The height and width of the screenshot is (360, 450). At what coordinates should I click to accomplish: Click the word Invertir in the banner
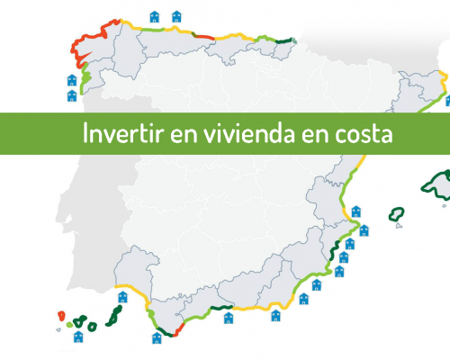(x=123, y=132)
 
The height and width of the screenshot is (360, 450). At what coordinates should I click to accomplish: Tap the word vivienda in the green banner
(x=249, y=132)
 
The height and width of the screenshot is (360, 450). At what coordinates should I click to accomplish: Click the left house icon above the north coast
(x=155, y=17)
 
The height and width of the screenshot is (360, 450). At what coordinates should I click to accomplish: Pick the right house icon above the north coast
(x=176, y=16)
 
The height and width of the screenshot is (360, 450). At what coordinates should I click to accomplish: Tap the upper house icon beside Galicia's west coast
(x=72, y=80)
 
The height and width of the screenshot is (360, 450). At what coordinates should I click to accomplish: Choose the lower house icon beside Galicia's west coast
(x=72, y=96)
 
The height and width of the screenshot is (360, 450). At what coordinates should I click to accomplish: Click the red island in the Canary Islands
(x=61, y=316)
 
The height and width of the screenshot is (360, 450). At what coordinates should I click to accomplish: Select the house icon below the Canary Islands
(x=78, y=337)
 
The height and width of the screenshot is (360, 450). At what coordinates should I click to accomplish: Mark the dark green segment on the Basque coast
(x=283, y=40)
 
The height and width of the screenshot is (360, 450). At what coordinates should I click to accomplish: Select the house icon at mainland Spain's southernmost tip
(x=157, y=338)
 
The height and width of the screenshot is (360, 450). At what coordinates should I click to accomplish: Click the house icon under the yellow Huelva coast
(x=122, y=297)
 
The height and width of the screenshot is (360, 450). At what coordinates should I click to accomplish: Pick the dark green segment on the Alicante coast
(x=334, y=250)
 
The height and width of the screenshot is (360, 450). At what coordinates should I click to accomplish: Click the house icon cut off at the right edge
(x=447, y=101)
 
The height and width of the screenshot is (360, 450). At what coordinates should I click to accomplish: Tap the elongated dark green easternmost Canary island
(x=114, y=316)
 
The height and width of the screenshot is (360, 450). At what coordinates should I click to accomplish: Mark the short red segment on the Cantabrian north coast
(x=203, y=36)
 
